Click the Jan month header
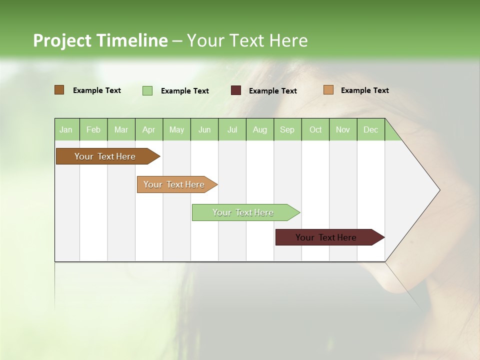(66, 129)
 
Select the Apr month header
(149, 129)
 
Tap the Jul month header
(232, 129)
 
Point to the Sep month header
(287, 129)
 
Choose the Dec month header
(370, 129)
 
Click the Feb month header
(93, 129)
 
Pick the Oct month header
(315, 129)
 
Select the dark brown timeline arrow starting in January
(105, 156)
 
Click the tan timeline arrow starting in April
(174, 184)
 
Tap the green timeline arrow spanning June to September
(243, 212)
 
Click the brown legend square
(59, 90)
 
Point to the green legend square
(147, 90)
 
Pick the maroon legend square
(236, 90)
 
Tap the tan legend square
(328, 90)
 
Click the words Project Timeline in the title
(100, 40)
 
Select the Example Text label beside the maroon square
(273, 91)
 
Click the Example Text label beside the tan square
(365, 90)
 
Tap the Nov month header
(343, 129)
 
